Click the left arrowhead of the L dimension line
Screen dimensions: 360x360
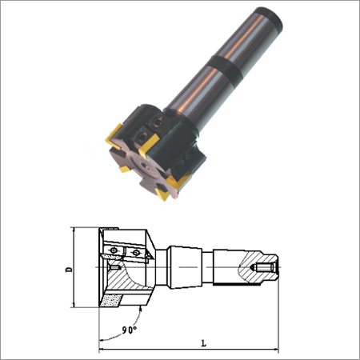point(102,349)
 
